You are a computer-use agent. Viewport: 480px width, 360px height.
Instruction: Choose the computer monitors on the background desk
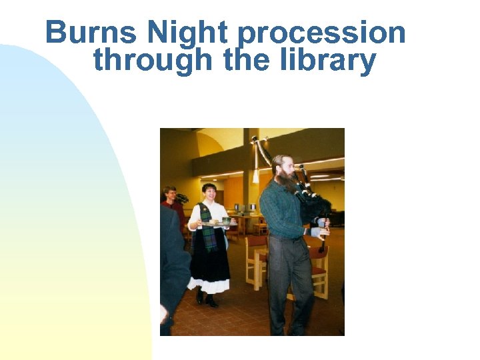coord(243,208)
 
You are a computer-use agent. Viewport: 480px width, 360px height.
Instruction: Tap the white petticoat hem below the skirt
coord(208,287)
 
